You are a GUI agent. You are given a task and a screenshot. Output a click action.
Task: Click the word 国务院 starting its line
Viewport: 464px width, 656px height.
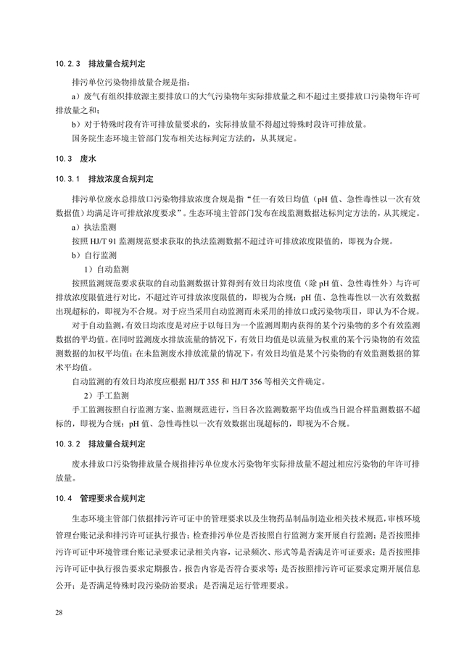(83, 138)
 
